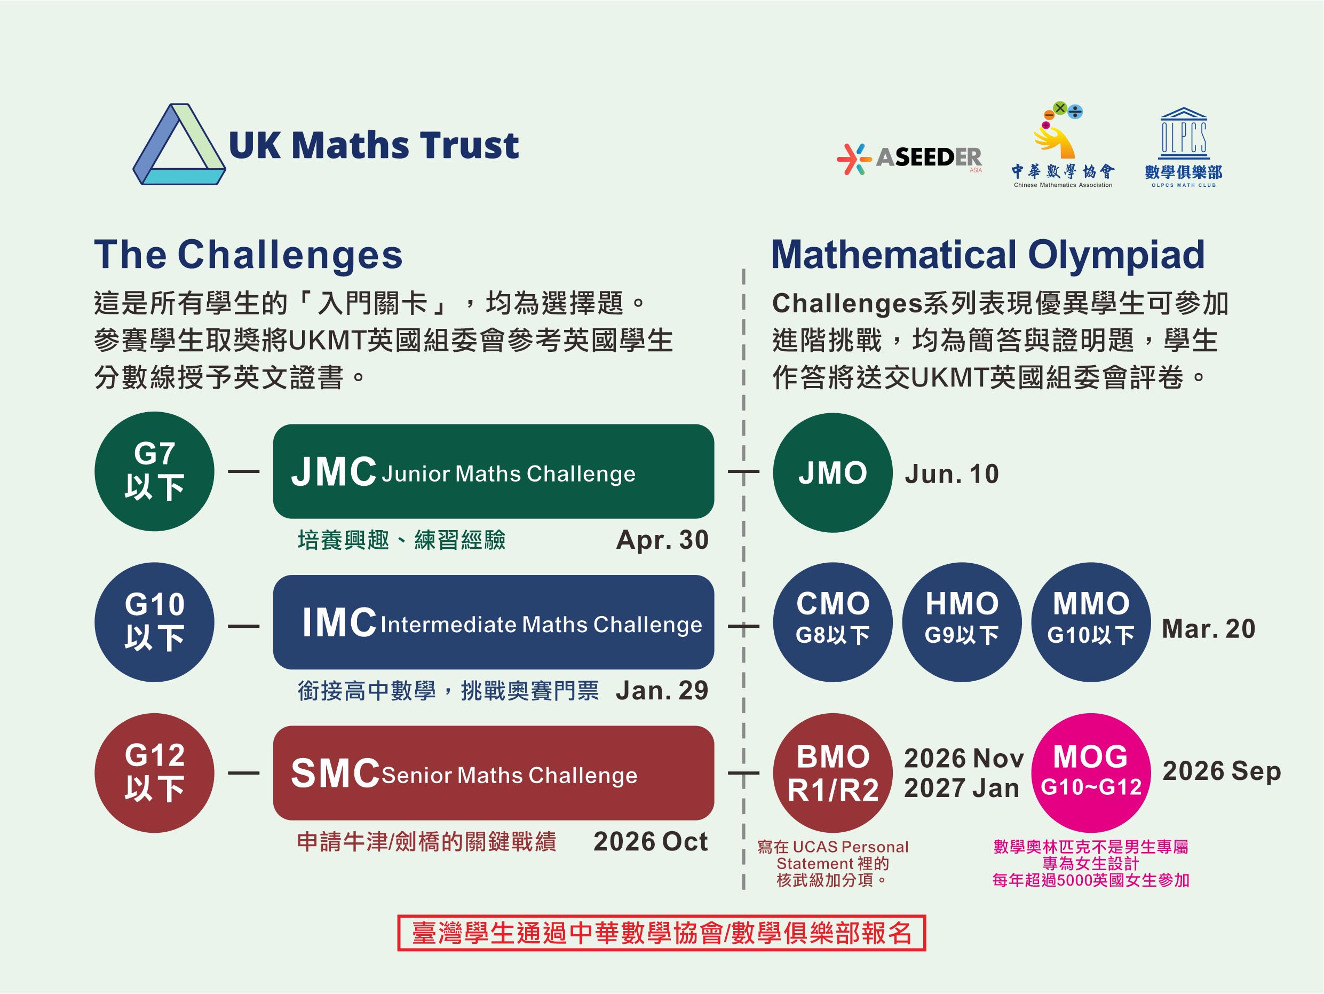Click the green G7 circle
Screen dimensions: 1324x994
pos(154,471)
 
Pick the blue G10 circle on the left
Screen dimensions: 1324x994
pos(154,622)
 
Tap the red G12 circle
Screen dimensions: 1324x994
pos(154,773)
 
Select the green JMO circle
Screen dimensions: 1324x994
pos(833,472)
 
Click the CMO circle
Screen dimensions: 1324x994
pos(833,622)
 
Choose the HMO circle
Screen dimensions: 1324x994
pos(962,622)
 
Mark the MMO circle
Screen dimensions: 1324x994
pos(1091,622)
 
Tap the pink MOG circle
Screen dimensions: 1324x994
pos(1091,773)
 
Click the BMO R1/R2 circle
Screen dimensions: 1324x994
pos(833,773)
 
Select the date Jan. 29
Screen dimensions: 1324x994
pos(662,690)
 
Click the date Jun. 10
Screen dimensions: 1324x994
pos(952,474)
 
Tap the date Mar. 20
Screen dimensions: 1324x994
pos(1209,629)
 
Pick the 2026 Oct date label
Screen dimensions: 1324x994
pos(651,841)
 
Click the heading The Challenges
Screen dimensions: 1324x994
pos(248,255)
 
